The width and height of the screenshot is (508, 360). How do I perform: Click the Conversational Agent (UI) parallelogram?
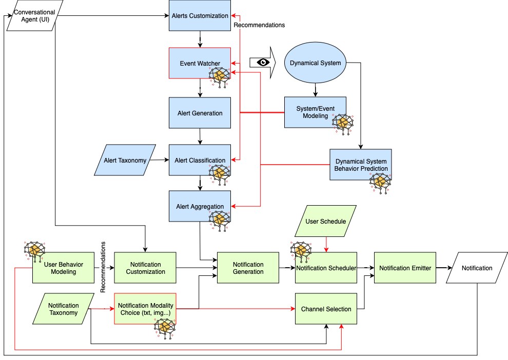tap(35, 15)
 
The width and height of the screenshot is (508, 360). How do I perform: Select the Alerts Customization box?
tap(200, 15)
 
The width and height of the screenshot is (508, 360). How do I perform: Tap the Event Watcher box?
tap(200, 63)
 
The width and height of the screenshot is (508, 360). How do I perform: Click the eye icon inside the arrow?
tap(263, 62)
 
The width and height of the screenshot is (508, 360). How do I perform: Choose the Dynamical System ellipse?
tap(315, 63)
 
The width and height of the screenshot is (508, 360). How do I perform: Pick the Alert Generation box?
tap(200, 113)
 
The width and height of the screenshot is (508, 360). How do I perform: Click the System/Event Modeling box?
tap(315, 112)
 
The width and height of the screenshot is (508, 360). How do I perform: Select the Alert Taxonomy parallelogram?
tap(125, 160)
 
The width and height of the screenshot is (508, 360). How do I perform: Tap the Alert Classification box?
tap(200, 160)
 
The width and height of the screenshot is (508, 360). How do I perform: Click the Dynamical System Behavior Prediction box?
tap(361, 165)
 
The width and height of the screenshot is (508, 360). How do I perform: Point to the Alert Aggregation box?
tap(200, 206)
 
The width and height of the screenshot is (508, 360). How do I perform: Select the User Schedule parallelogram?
tap(326, 221)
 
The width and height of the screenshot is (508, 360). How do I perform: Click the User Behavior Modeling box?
tap(64, 268)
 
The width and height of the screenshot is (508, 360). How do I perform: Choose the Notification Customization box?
tap(145, 268)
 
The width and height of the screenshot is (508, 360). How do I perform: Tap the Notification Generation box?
tap(248, 268)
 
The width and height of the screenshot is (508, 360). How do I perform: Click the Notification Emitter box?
tap(405, 268)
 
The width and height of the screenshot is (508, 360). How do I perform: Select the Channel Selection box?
tap(326, 309)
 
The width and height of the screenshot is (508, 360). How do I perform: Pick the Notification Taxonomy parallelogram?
tap(64, 309)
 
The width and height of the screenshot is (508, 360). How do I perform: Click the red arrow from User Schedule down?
tap(326, 245)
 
